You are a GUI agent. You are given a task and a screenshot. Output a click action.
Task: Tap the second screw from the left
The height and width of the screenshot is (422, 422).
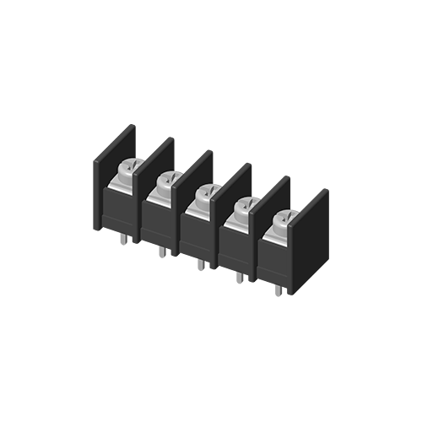point(167,181)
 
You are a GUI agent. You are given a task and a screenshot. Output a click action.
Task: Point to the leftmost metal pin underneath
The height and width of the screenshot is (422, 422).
point(124,240)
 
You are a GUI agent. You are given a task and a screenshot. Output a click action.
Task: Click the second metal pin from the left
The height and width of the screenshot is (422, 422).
point(162,252)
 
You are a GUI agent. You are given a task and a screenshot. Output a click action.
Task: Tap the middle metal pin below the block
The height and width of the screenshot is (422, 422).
point(200,264)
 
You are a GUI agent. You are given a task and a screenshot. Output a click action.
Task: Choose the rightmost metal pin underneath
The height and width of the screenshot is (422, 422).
point(278,290)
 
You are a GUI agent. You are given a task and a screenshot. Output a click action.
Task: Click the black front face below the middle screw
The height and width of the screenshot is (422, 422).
point(196,236)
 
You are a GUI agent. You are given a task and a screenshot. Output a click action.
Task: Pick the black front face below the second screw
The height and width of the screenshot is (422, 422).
point(158,223)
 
